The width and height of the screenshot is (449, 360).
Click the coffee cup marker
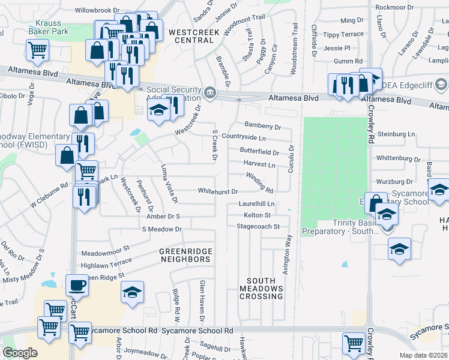click(x=77, y=286)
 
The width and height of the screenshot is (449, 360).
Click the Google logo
click(x=19, y=353)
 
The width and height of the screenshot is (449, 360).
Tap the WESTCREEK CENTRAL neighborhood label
click(x=191, y=35)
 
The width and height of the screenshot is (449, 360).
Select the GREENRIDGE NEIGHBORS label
click(x=184, y=255)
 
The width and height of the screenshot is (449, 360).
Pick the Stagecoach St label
click(x=259, y=227)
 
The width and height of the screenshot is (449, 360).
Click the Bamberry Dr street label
click(x=263, y=127)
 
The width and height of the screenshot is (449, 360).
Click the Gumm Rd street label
click(x=348, y=61)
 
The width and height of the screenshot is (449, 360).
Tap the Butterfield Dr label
click(x=259, y=152)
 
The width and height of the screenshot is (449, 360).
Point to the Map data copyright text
click(x=423, y=355)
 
